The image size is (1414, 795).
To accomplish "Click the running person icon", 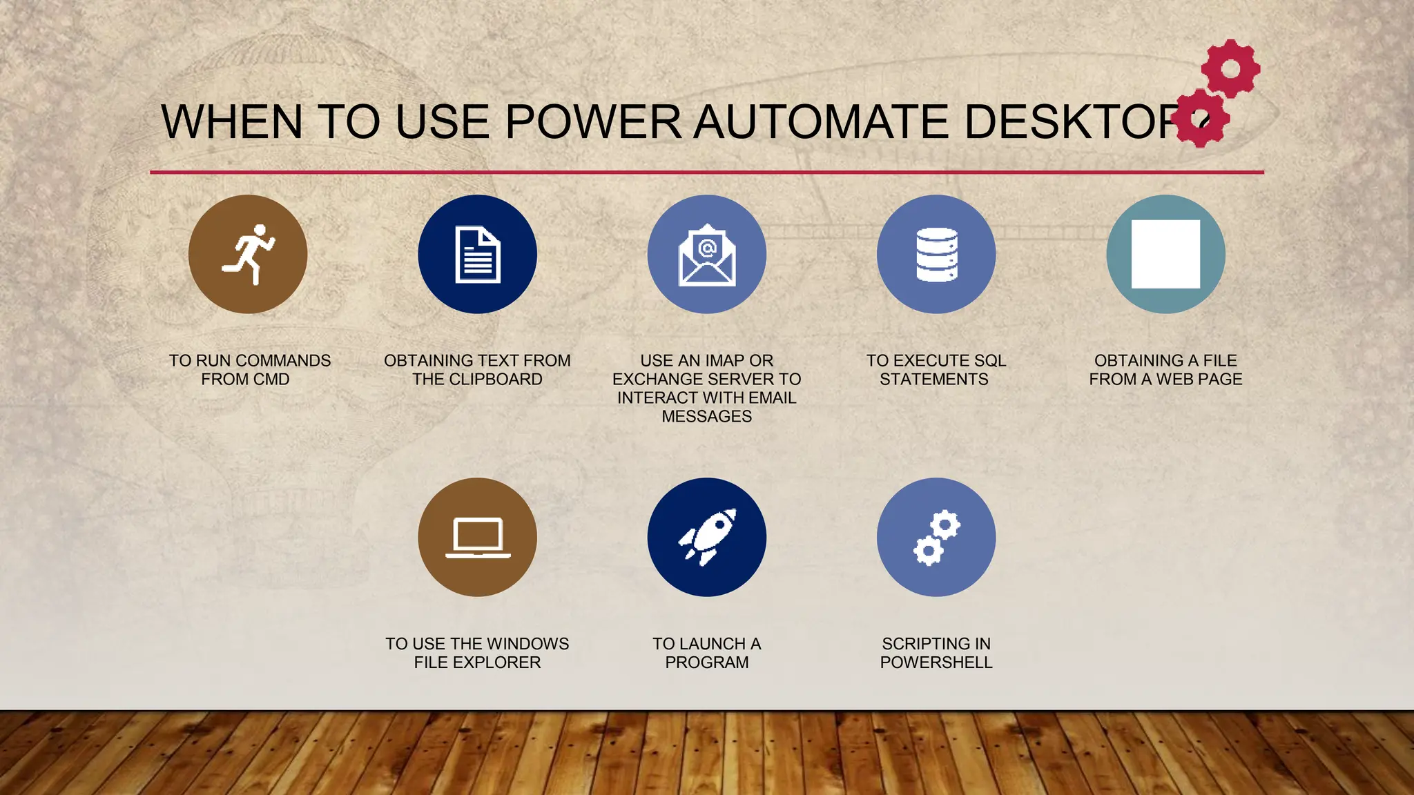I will click(248, 254).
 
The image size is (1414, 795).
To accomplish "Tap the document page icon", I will click(478, 255).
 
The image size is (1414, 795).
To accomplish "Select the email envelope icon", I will click(707, 255).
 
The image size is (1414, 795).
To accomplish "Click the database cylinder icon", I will click(936, 255).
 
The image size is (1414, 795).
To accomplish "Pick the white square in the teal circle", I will click(1165, 254).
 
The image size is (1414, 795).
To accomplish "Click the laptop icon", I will click(478, 538).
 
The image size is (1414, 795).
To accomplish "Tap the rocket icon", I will click(707, 538).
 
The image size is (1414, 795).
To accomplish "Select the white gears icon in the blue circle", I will click(936, 538).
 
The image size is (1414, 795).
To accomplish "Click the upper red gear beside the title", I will click(1230, 68).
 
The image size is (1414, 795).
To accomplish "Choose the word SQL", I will click(989, 361).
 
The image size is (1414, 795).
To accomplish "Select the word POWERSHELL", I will click(936, 662).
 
